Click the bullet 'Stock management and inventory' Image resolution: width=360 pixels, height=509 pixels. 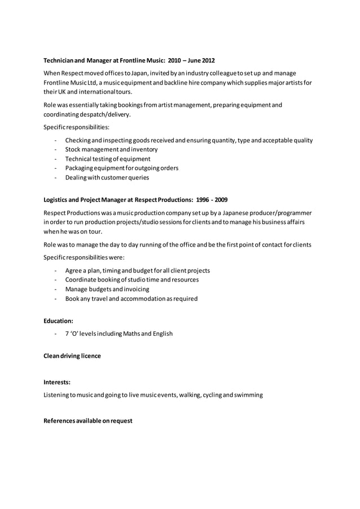(x=111, y=150)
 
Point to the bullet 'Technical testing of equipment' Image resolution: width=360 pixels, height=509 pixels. (x=107, y=159)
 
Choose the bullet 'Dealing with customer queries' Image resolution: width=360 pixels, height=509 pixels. (x=107, y=177)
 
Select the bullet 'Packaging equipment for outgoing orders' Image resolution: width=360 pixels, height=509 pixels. (x=121, y=168)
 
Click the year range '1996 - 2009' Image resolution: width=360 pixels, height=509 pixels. (x=212, y=200)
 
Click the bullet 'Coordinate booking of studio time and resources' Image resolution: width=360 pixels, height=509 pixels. (x=131, y=280)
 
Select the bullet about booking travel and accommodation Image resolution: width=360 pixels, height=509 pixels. (x=131, y=299)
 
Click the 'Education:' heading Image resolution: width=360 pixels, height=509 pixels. (x=58, y=321)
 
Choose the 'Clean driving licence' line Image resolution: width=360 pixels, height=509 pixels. (x=72, y=356)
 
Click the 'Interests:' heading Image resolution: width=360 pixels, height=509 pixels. (x=57, y=382)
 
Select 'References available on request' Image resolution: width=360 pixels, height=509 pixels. (x=87, y=420)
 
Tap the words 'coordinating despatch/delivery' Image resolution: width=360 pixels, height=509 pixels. (x=87, y=114)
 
